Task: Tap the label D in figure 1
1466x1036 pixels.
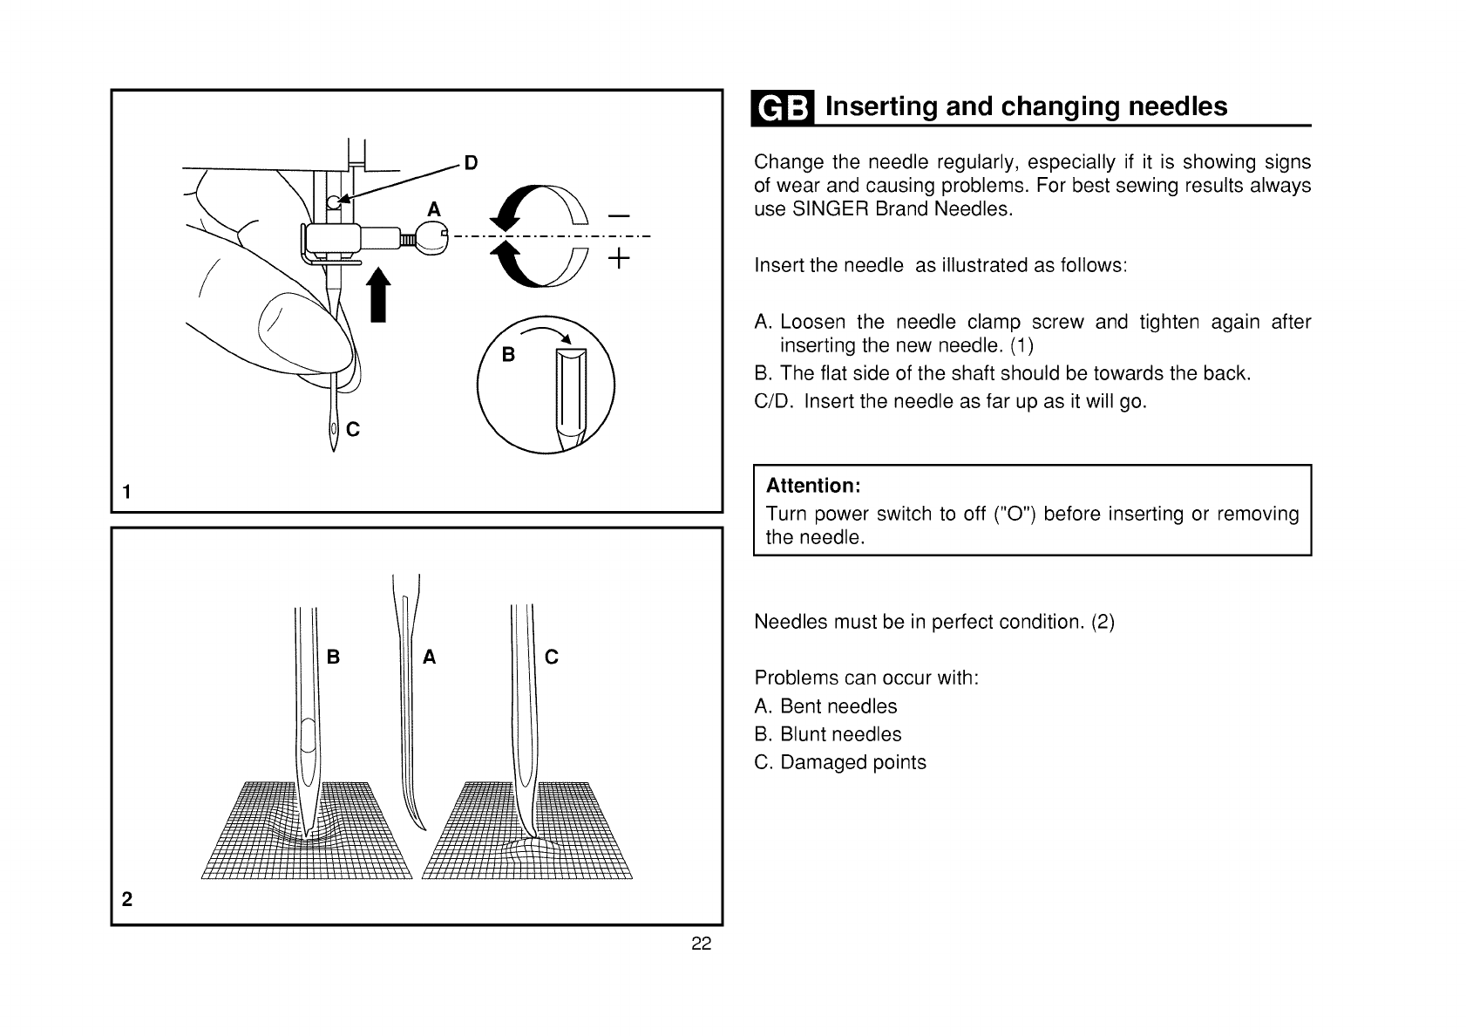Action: coord(471,162)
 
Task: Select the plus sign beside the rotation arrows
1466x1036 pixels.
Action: coord(618,259)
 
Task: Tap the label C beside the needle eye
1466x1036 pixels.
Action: coord(353,429)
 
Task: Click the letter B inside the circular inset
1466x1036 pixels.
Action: coord(510,355)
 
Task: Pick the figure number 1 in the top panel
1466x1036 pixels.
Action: coord(127,492)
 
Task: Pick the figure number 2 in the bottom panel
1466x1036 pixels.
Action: coord(127,899)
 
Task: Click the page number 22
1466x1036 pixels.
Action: coord(702,944)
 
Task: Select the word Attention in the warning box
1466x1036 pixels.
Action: coord(812,485)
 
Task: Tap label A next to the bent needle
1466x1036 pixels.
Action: coord(429,658)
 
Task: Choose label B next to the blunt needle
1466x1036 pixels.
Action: coord(333,658)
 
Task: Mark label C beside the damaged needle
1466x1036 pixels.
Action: coord(551,658)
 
